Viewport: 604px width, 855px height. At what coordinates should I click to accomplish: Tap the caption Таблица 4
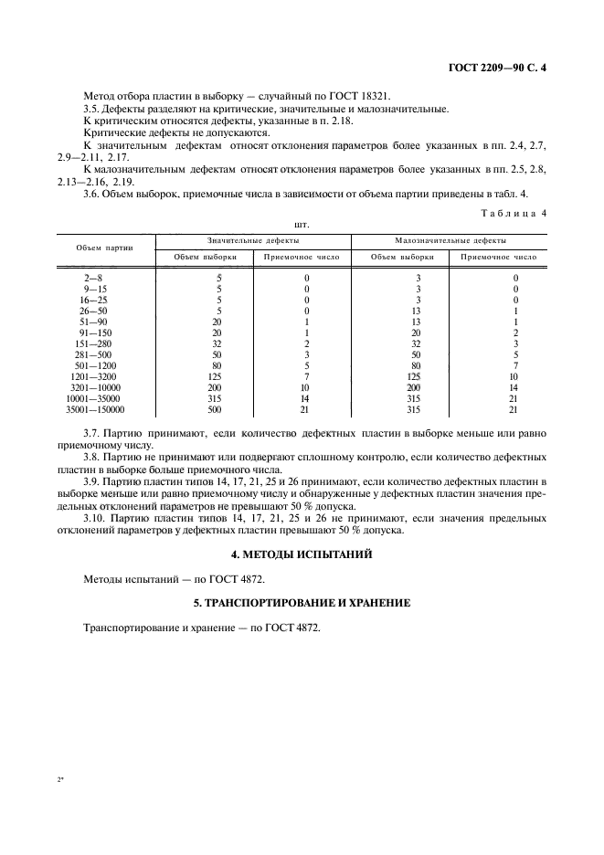(514, 213)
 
